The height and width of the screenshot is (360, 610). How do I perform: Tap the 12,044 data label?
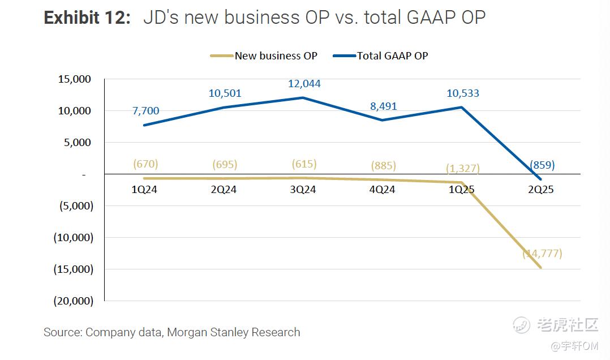[304, 84]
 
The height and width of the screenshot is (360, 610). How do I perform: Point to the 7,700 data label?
[146, 110]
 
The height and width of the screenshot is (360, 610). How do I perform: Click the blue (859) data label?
[542, 165]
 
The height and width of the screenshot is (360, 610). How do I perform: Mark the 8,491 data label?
[383, 106]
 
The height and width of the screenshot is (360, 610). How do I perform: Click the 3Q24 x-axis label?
[303, 190]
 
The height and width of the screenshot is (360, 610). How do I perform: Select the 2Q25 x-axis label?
[540, 190]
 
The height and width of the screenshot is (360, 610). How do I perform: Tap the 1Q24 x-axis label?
[144, 190]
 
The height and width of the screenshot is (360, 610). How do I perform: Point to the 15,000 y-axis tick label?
[75, 79]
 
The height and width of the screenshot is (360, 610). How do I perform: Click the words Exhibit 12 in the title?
[87, 18]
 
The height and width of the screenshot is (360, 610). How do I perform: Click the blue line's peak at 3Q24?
[303, 97]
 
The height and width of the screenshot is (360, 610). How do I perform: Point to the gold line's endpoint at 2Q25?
[541, 268]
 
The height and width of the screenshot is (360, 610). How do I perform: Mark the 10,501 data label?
[225, 93]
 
